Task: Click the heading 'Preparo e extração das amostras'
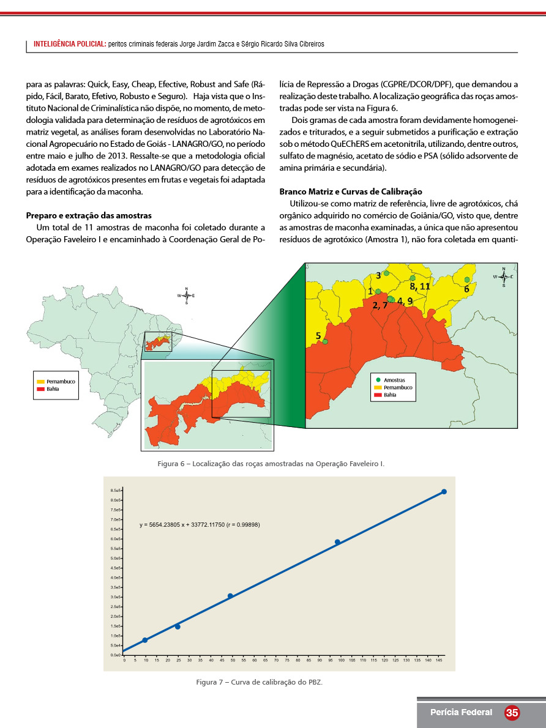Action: [89, 215]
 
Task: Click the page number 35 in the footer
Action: [512, 713]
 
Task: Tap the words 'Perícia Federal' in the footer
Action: [461, 713]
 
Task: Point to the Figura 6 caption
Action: [271, 464]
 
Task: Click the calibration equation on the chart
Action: [200, 525]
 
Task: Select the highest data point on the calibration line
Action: [444, 492]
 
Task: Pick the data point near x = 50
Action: [230, 596]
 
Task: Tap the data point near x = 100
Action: [337, 542]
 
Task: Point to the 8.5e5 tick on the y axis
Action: [116, 491]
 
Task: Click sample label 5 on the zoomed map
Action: [318, 335]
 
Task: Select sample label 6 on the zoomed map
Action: [466, 288]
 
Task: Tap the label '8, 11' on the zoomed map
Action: [420, 286]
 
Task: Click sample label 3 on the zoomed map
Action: [378, 276]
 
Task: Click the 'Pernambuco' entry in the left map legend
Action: [60, 382]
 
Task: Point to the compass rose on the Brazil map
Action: [186, 295]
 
